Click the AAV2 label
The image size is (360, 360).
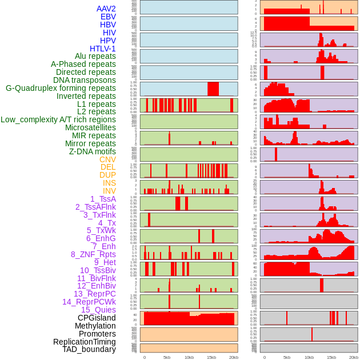pos(106,9)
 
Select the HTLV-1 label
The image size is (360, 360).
pos(103,49)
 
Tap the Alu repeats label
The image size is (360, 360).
pos(95,56)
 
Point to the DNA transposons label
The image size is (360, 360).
pos(85,80)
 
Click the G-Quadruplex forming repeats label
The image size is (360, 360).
pos(61,88)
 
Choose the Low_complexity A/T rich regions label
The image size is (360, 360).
pos(58,119)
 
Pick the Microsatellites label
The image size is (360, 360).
pos(90,127)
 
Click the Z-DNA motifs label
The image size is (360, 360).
pos(93,151)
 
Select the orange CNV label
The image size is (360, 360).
pos(107,159)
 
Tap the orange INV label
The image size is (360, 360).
pos(109,191)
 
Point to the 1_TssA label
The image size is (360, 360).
pos(103,199)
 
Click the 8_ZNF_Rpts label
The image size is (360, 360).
pos(93,254)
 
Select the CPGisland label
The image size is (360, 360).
pos(97,318)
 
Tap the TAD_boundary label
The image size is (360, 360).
pos(89,349)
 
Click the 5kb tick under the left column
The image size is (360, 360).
pos(167,357)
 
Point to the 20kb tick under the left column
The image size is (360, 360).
pos(234,357)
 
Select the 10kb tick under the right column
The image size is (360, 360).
pos(309,357)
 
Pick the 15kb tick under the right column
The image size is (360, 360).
pos(331,357)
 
